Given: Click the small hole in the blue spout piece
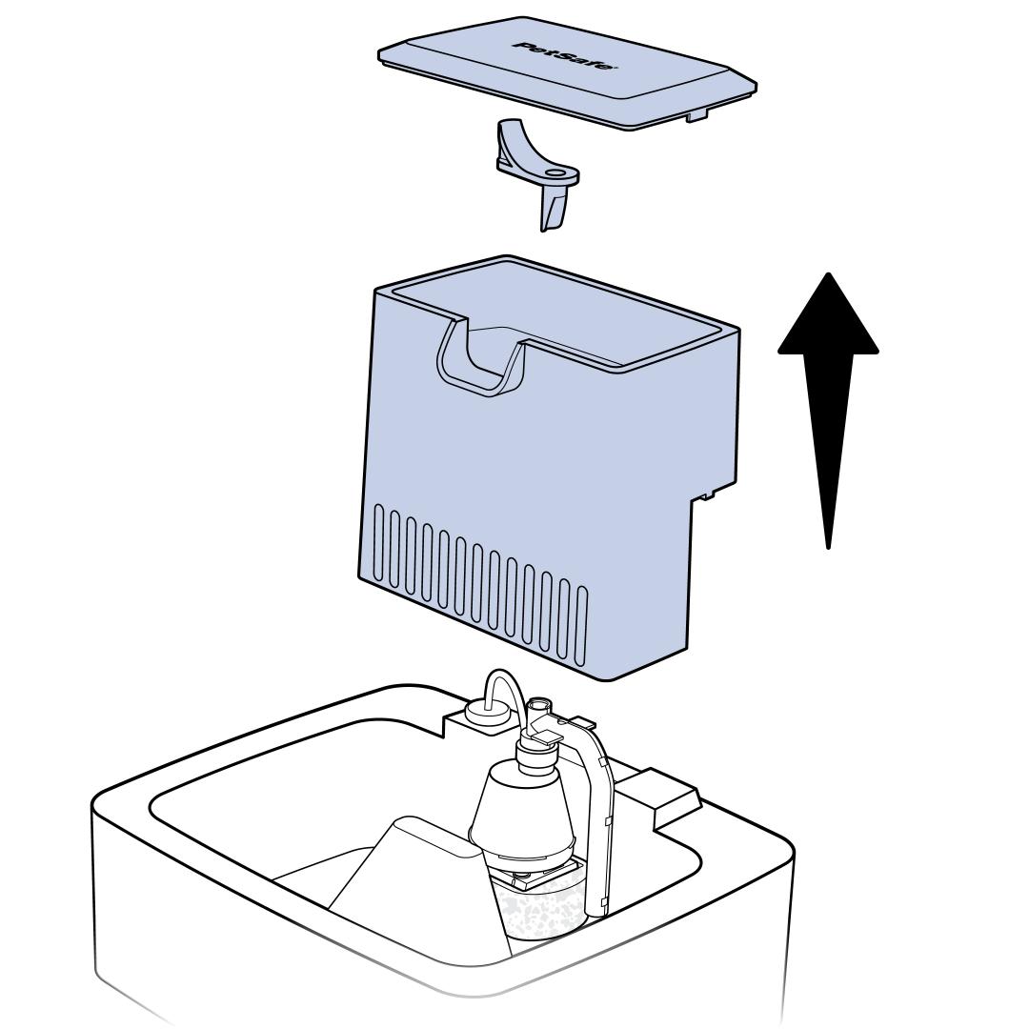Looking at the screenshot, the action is [x=555, y=174].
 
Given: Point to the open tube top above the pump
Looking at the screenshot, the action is [x=539, y=706].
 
